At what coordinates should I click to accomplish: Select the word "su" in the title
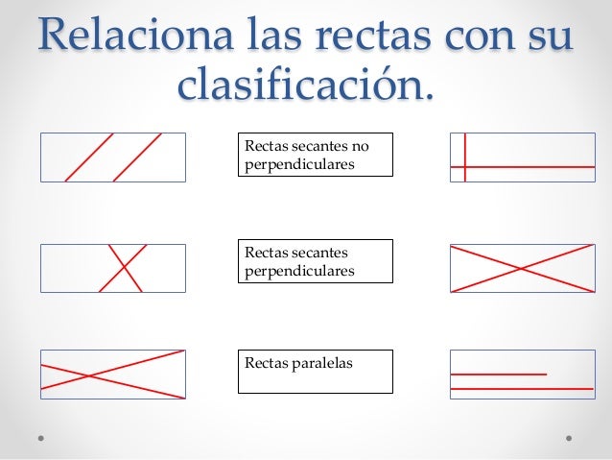point(549,36)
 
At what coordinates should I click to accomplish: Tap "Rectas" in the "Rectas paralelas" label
point(264,363)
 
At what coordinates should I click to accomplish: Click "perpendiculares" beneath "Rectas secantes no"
point(299,164)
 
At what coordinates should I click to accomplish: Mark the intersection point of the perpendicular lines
point(465,167)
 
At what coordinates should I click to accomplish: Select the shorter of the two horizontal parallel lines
point(499,374)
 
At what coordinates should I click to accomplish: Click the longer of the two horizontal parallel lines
point(521,388)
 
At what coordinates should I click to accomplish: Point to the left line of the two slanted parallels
point(89,157)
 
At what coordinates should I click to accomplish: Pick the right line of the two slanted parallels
point(137,157)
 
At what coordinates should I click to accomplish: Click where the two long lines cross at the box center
point(521,268)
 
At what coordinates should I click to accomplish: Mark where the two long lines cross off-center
point(88,375)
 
